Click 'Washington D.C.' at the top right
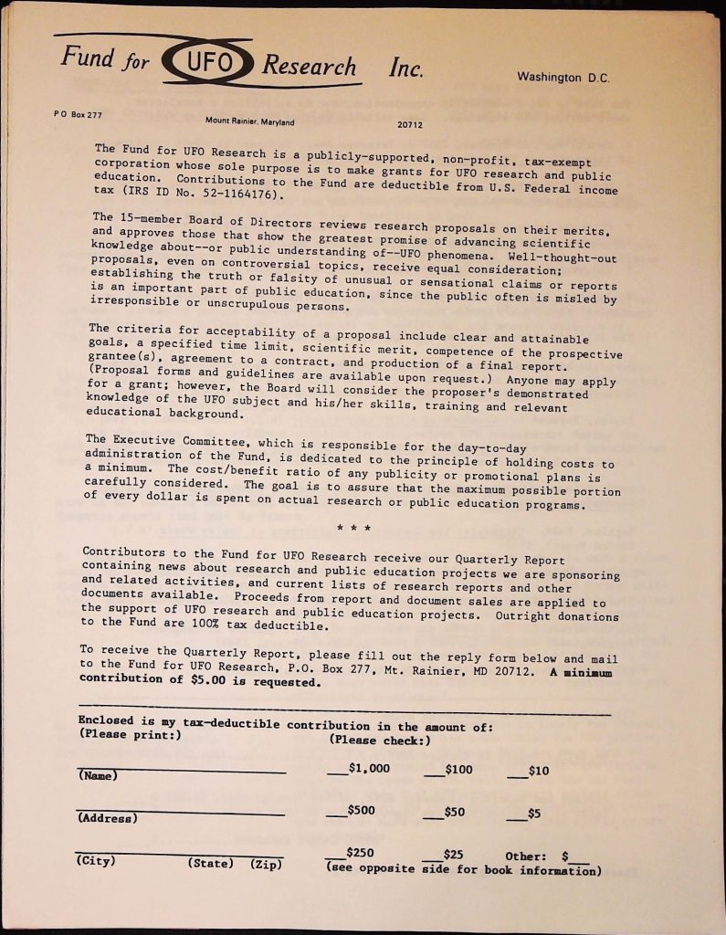[562, 78]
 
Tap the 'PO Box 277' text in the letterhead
[78, 114]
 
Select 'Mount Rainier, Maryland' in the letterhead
[249, 121]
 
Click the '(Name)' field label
[99, 776]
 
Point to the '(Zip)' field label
[265, 864]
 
